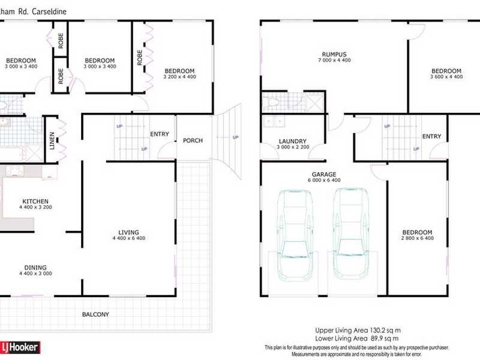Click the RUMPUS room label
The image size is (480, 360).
point(333,55)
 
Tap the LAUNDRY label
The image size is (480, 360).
point(292,142)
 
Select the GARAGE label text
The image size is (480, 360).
point(326,173)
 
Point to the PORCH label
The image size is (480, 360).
point(193,140)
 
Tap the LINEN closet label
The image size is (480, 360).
point(52,140)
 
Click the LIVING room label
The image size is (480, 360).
point(128,232)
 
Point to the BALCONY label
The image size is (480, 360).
point(96,314)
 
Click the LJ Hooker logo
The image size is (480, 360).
point(20,347)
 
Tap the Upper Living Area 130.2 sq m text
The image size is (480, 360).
point(359,330)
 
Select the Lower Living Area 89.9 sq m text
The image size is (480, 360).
point(359,338)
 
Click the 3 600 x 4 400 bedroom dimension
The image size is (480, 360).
point(446,77)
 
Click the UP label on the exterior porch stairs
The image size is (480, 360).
point(235,137)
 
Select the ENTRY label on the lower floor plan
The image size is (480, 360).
point(431,136)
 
